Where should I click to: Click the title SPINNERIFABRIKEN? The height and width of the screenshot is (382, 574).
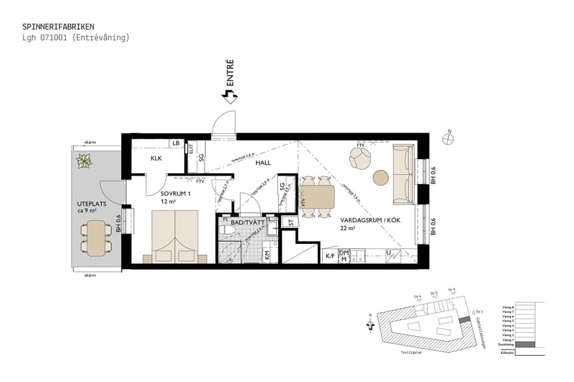point(58,27)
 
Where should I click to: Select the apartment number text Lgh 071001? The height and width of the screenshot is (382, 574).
point(45,38)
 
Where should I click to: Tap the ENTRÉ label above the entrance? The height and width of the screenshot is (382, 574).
point(230,73)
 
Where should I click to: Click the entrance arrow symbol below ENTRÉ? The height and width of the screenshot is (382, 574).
point(229,96)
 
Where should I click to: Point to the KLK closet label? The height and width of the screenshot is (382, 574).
point(157,158)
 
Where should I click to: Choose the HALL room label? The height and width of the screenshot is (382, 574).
point(263,163)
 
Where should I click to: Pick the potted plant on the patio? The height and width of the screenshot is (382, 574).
point(84,162)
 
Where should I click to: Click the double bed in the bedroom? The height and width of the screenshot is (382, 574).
point(175,236)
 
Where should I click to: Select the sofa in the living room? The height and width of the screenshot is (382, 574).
point(402,174)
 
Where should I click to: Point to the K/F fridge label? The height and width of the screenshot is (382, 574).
point(330,256)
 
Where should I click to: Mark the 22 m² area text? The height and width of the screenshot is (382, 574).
point(348,228)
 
